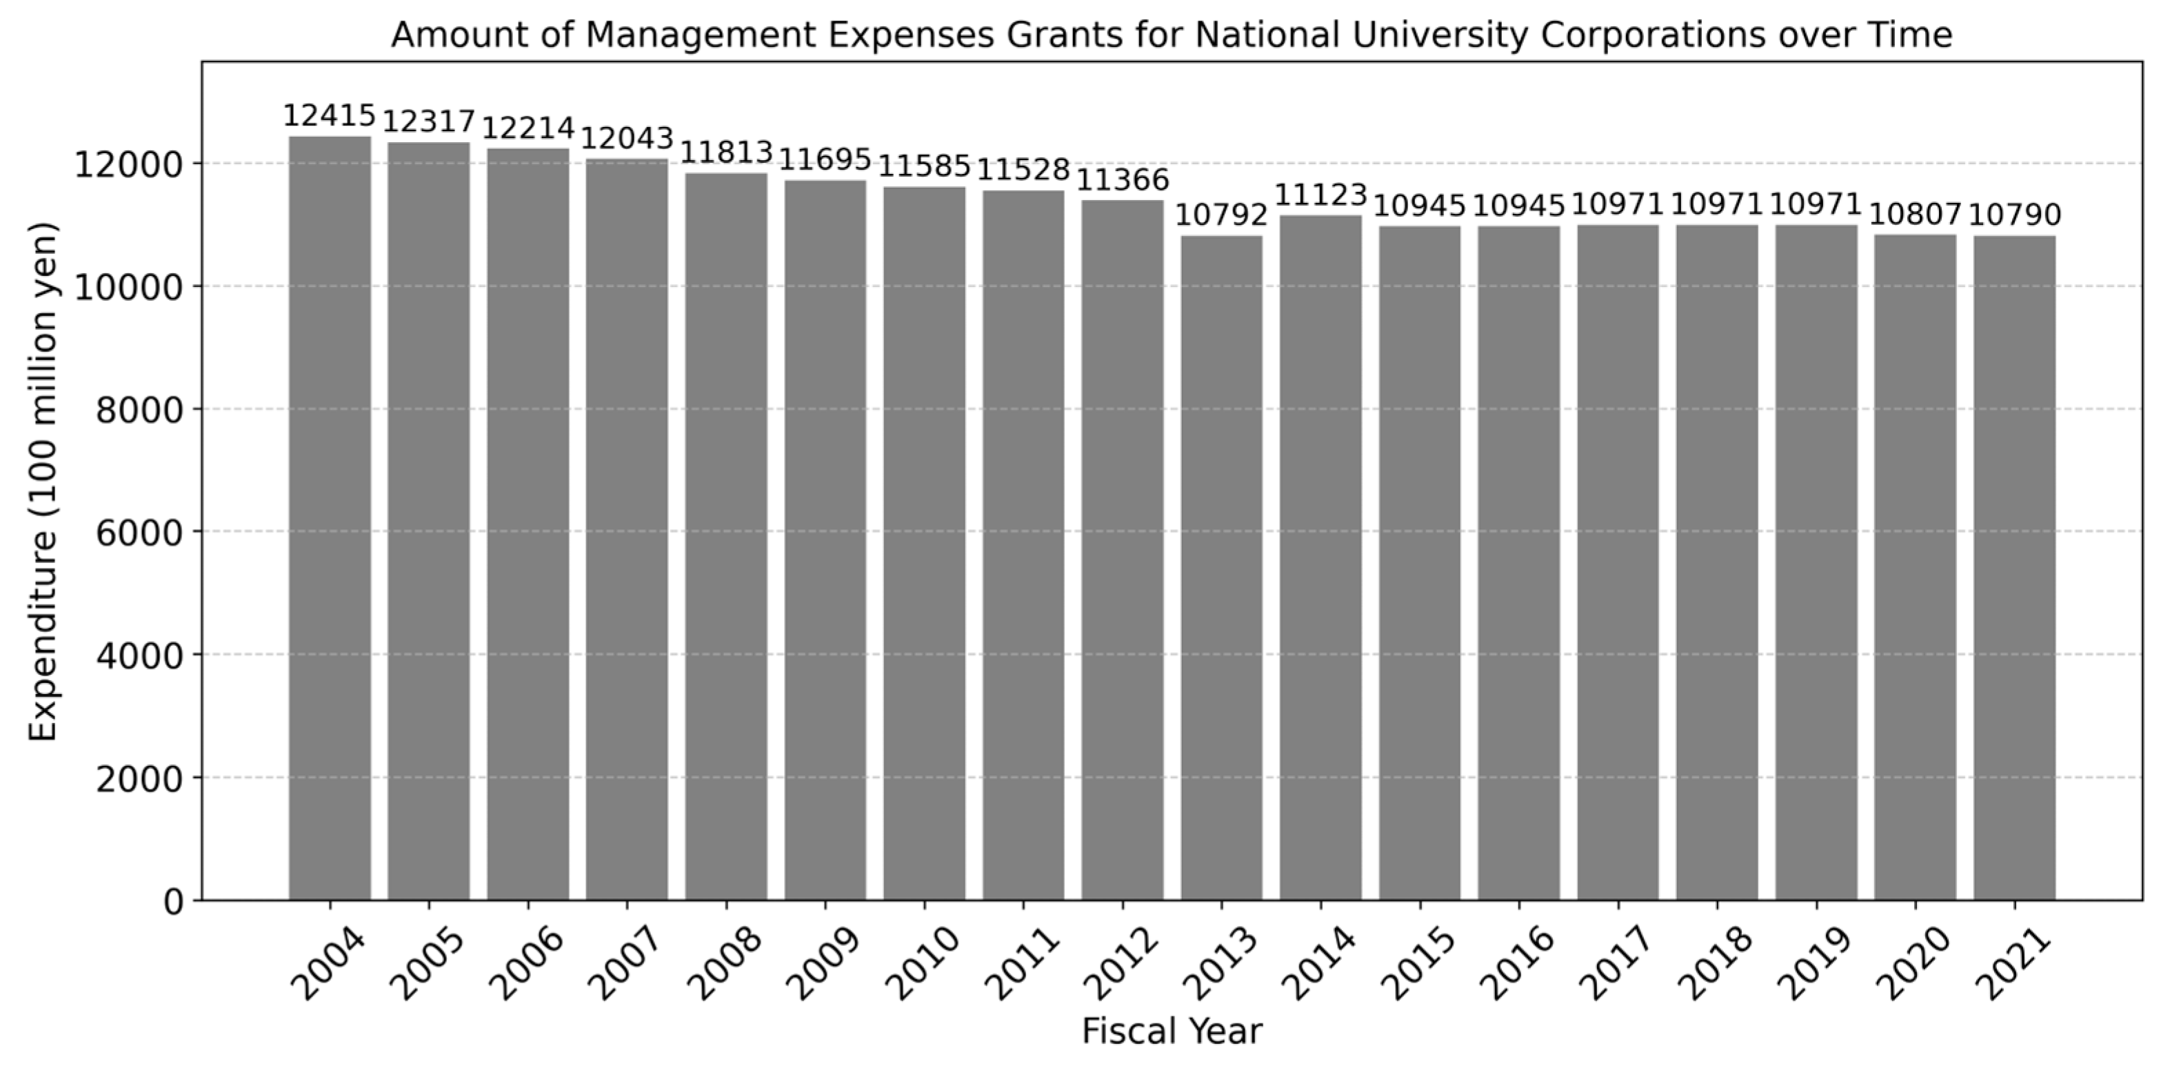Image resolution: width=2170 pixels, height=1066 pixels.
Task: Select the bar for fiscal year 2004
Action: pyautogui.click(x=330, y=518)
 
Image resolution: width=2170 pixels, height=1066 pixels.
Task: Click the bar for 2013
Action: pyautogui.click(x=1221, y=568)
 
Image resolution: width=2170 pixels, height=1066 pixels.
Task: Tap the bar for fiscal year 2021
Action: pyautogui.click(x=2014, y=568)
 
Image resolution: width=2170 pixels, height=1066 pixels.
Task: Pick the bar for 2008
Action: pyautogui.click(x=726, y=537)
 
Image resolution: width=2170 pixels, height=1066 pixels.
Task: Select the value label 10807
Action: pyautogui.click(x=1915, y=215)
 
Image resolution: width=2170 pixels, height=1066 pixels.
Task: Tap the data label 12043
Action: pyautogui.click(x=627, y=138)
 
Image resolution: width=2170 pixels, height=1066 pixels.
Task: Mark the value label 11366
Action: pyautogui.click(x=1122, y=180)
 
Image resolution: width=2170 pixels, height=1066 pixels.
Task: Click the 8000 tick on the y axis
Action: pyautogui.click(x=139, y=411)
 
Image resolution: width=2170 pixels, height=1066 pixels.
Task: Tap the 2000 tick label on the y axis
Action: pyautogui.click(x=139, y=780)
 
